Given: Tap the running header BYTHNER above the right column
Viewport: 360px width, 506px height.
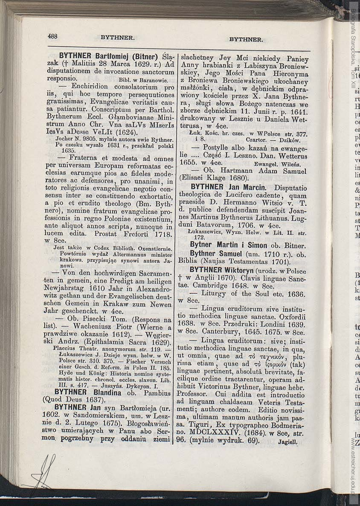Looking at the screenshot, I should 246,39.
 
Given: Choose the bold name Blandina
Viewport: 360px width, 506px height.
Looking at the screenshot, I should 107,392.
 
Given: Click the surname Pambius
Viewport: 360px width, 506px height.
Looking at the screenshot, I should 158,392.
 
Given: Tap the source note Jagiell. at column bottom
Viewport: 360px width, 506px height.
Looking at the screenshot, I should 287,442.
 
